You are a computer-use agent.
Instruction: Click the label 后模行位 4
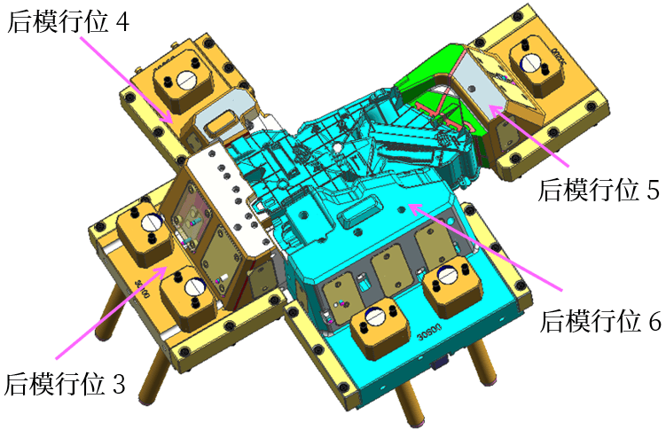coord(68,21)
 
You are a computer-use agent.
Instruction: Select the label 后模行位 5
coord(598,189)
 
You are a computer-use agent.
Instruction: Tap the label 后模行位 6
coord(600,320)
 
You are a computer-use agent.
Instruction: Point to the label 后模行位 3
coord(65,384)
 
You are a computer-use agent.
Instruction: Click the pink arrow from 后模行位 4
coord(127,80)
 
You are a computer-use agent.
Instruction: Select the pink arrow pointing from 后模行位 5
coord(529,135)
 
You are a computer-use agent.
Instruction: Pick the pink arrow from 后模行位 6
coord(485,247)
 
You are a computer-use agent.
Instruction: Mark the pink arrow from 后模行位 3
coord(111,312)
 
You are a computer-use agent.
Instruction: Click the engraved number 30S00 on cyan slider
coord(429,332)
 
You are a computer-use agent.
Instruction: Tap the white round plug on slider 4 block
coord(185,80)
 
